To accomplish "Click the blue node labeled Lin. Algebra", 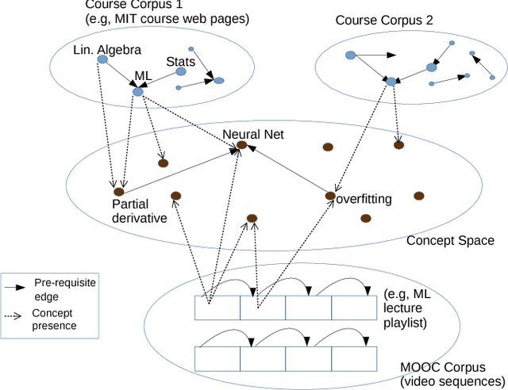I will (x=101, y=59).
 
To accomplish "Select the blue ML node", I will (x=137, y=92).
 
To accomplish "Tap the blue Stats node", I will (x=180, y=72).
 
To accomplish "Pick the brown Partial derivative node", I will (x=118, y=191).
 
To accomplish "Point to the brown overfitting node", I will (x=330, y=194).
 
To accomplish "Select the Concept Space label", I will (x=450, y=240).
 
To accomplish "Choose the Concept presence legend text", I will (x=53, y=319).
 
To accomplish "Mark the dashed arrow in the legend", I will (x=15, y=314).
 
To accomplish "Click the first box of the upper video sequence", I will (x=217, y=308).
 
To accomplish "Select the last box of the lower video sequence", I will (x=354, y=358).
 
